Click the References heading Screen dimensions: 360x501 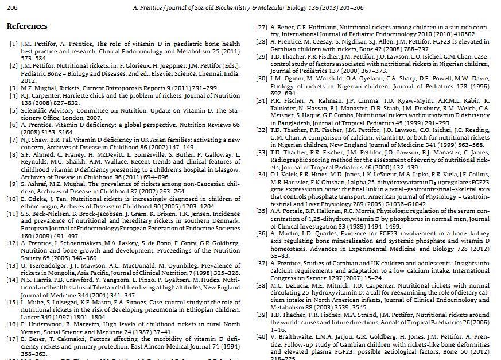(27, 26)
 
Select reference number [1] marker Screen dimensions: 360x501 (13, 44)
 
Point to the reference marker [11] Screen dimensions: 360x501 (12, 214)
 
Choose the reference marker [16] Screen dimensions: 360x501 (12, 324)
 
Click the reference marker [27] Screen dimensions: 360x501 (262, 28)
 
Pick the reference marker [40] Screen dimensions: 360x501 (262, 337)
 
